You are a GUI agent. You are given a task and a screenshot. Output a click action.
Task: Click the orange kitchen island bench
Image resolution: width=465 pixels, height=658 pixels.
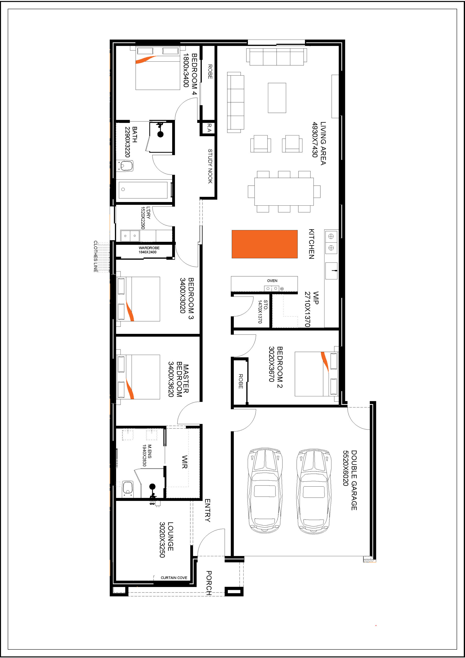point(264,244)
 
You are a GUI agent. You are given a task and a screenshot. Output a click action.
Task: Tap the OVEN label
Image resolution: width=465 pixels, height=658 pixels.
point(272,281)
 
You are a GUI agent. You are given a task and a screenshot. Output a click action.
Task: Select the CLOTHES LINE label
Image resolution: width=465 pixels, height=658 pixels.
point(95,256)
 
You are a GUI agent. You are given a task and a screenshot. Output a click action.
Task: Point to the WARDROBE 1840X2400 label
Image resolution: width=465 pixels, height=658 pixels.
point(149,250)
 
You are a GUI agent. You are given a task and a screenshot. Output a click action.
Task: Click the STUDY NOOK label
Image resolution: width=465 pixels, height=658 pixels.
point(210,166)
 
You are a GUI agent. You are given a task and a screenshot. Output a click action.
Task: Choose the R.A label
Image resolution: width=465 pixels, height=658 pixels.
point(209,128)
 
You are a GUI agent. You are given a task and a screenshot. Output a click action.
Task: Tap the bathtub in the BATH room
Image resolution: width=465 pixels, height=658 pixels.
point(143,190)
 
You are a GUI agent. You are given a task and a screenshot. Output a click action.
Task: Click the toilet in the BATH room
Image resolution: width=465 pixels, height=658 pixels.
point(125,166)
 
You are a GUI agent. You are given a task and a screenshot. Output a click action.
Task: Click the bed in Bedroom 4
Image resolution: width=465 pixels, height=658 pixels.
point(158,68)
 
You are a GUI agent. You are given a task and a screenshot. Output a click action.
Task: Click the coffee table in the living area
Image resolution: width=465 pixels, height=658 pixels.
point(277,98)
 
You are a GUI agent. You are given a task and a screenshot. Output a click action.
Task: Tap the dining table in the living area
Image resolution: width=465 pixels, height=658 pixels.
point(284,191)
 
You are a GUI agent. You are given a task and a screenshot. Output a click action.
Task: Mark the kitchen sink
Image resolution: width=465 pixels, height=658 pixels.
point(331,271)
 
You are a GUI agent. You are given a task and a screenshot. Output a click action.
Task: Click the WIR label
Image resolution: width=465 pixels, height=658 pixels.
point(185,462)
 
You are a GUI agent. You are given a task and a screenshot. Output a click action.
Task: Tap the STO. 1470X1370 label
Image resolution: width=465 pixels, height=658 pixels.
point(263,311)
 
